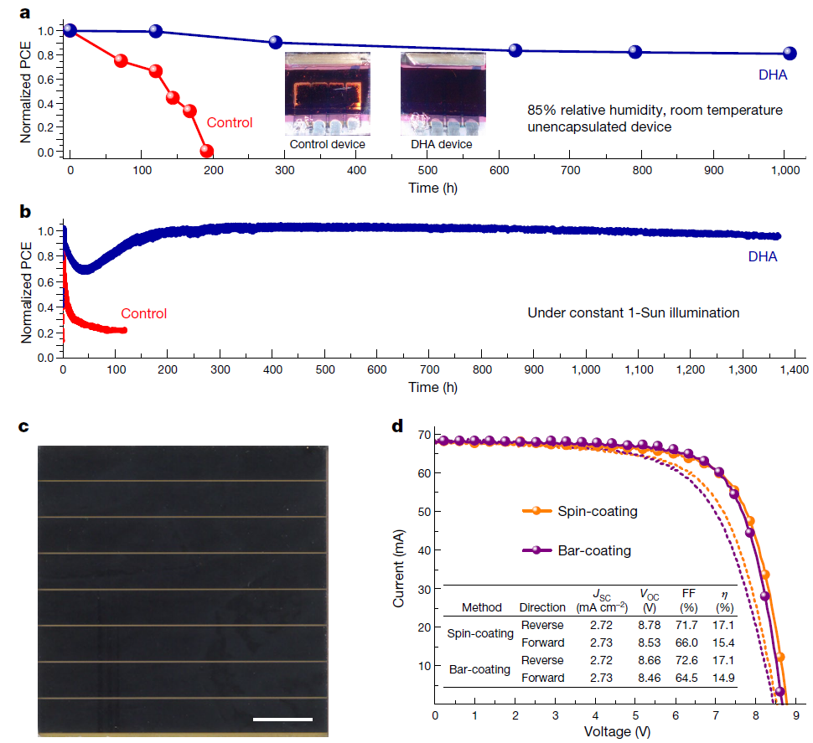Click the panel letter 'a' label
point(26,13)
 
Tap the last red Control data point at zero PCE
point(206,152)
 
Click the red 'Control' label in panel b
point(143,314)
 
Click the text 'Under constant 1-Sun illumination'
point(633,313)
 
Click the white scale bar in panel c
point(282,718)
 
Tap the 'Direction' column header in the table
point(543,607)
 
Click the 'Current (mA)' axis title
point(400,565)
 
